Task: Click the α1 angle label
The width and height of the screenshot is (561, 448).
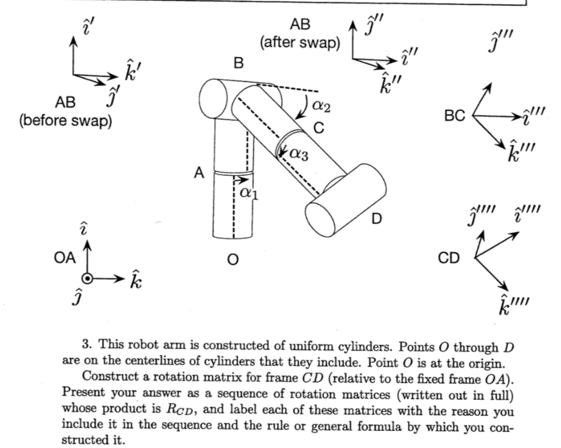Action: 249,193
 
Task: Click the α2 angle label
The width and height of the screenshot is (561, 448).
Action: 322,105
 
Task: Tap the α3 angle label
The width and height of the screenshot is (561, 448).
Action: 299,154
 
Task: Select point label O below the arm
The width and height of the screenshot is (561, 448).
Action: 233,259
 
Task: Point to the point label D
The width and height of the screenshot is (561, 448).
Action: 376,218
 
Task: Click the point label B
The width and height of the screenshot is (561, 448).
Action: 238,63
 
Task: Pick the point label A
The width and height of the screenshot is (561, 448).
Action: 199,173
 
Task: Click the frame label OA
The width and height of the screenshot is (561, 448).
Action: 65,258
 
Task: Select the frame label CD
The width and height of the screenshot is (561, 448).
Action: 448,258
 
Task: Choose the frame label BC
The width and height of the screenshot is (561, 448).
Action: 455,116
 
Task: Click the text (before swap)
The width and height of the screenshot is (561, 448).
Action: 65,121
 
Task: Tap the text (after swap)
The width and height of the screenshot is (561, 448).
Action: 300,43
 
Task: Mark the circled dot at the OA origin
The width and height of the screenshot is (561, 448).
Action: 87,278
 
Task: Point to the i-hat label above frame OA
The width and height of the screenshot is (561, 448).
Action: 83,228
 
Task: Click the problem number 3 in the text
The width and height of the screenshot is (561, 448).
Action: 86,344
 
